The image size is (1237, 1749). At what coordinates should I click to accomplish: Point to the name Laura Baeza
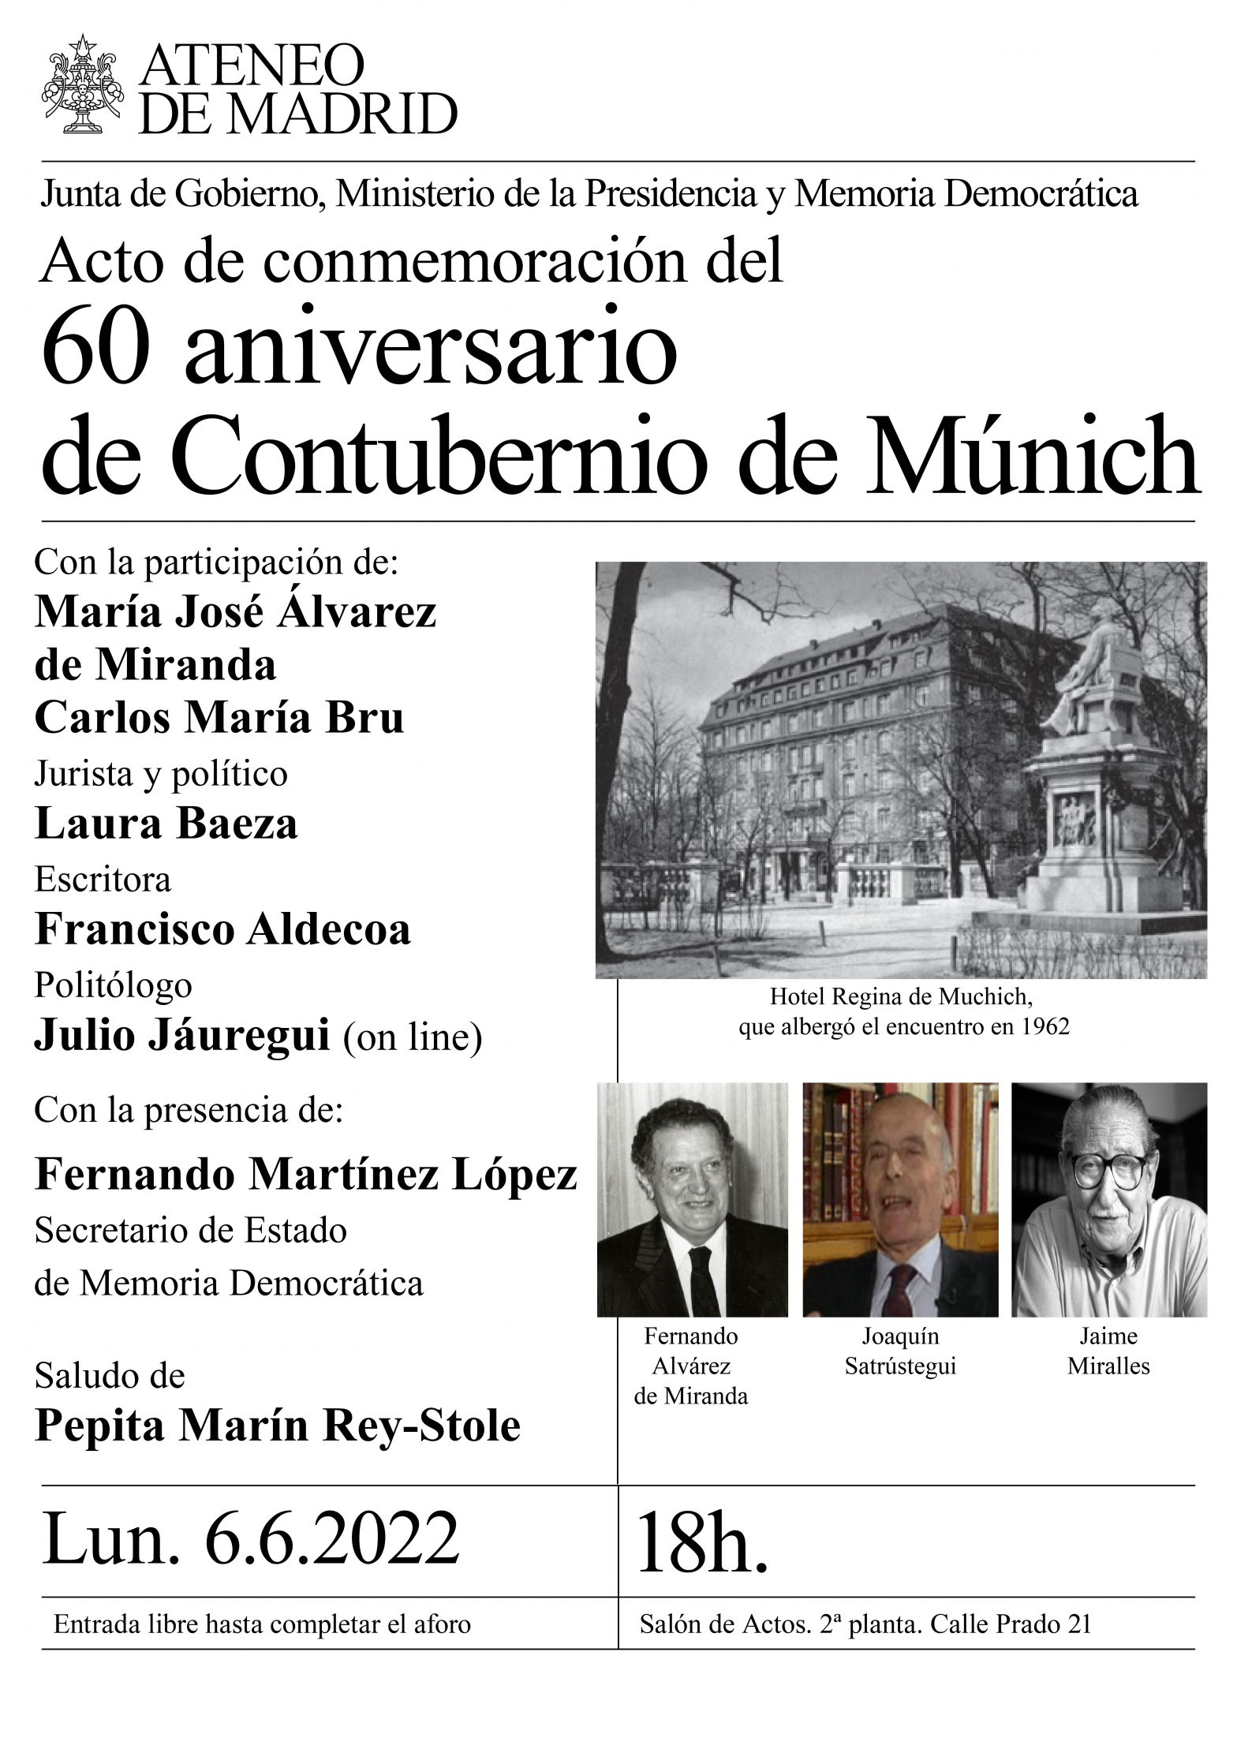(166, 824)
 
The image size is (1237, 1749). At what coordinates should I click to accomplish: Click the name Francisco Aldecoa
(222, 929)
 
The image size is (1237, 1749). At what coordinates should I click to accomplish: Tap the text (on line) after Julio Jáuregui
(413, 1036)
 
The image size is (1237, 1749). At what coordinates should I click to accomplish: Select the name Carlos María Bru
(219, 717)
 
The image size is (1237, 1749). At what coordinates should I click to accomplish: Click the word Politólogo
(114, 985)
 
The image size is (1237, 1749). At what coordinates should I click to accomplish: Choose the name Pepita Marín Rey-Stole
(278, 1426)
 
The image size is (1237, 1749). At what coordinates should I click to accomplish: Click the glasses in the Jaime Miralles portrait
(1108, 1169)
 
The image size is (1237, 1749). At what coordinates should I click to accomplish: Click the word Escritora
(103, 879)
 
